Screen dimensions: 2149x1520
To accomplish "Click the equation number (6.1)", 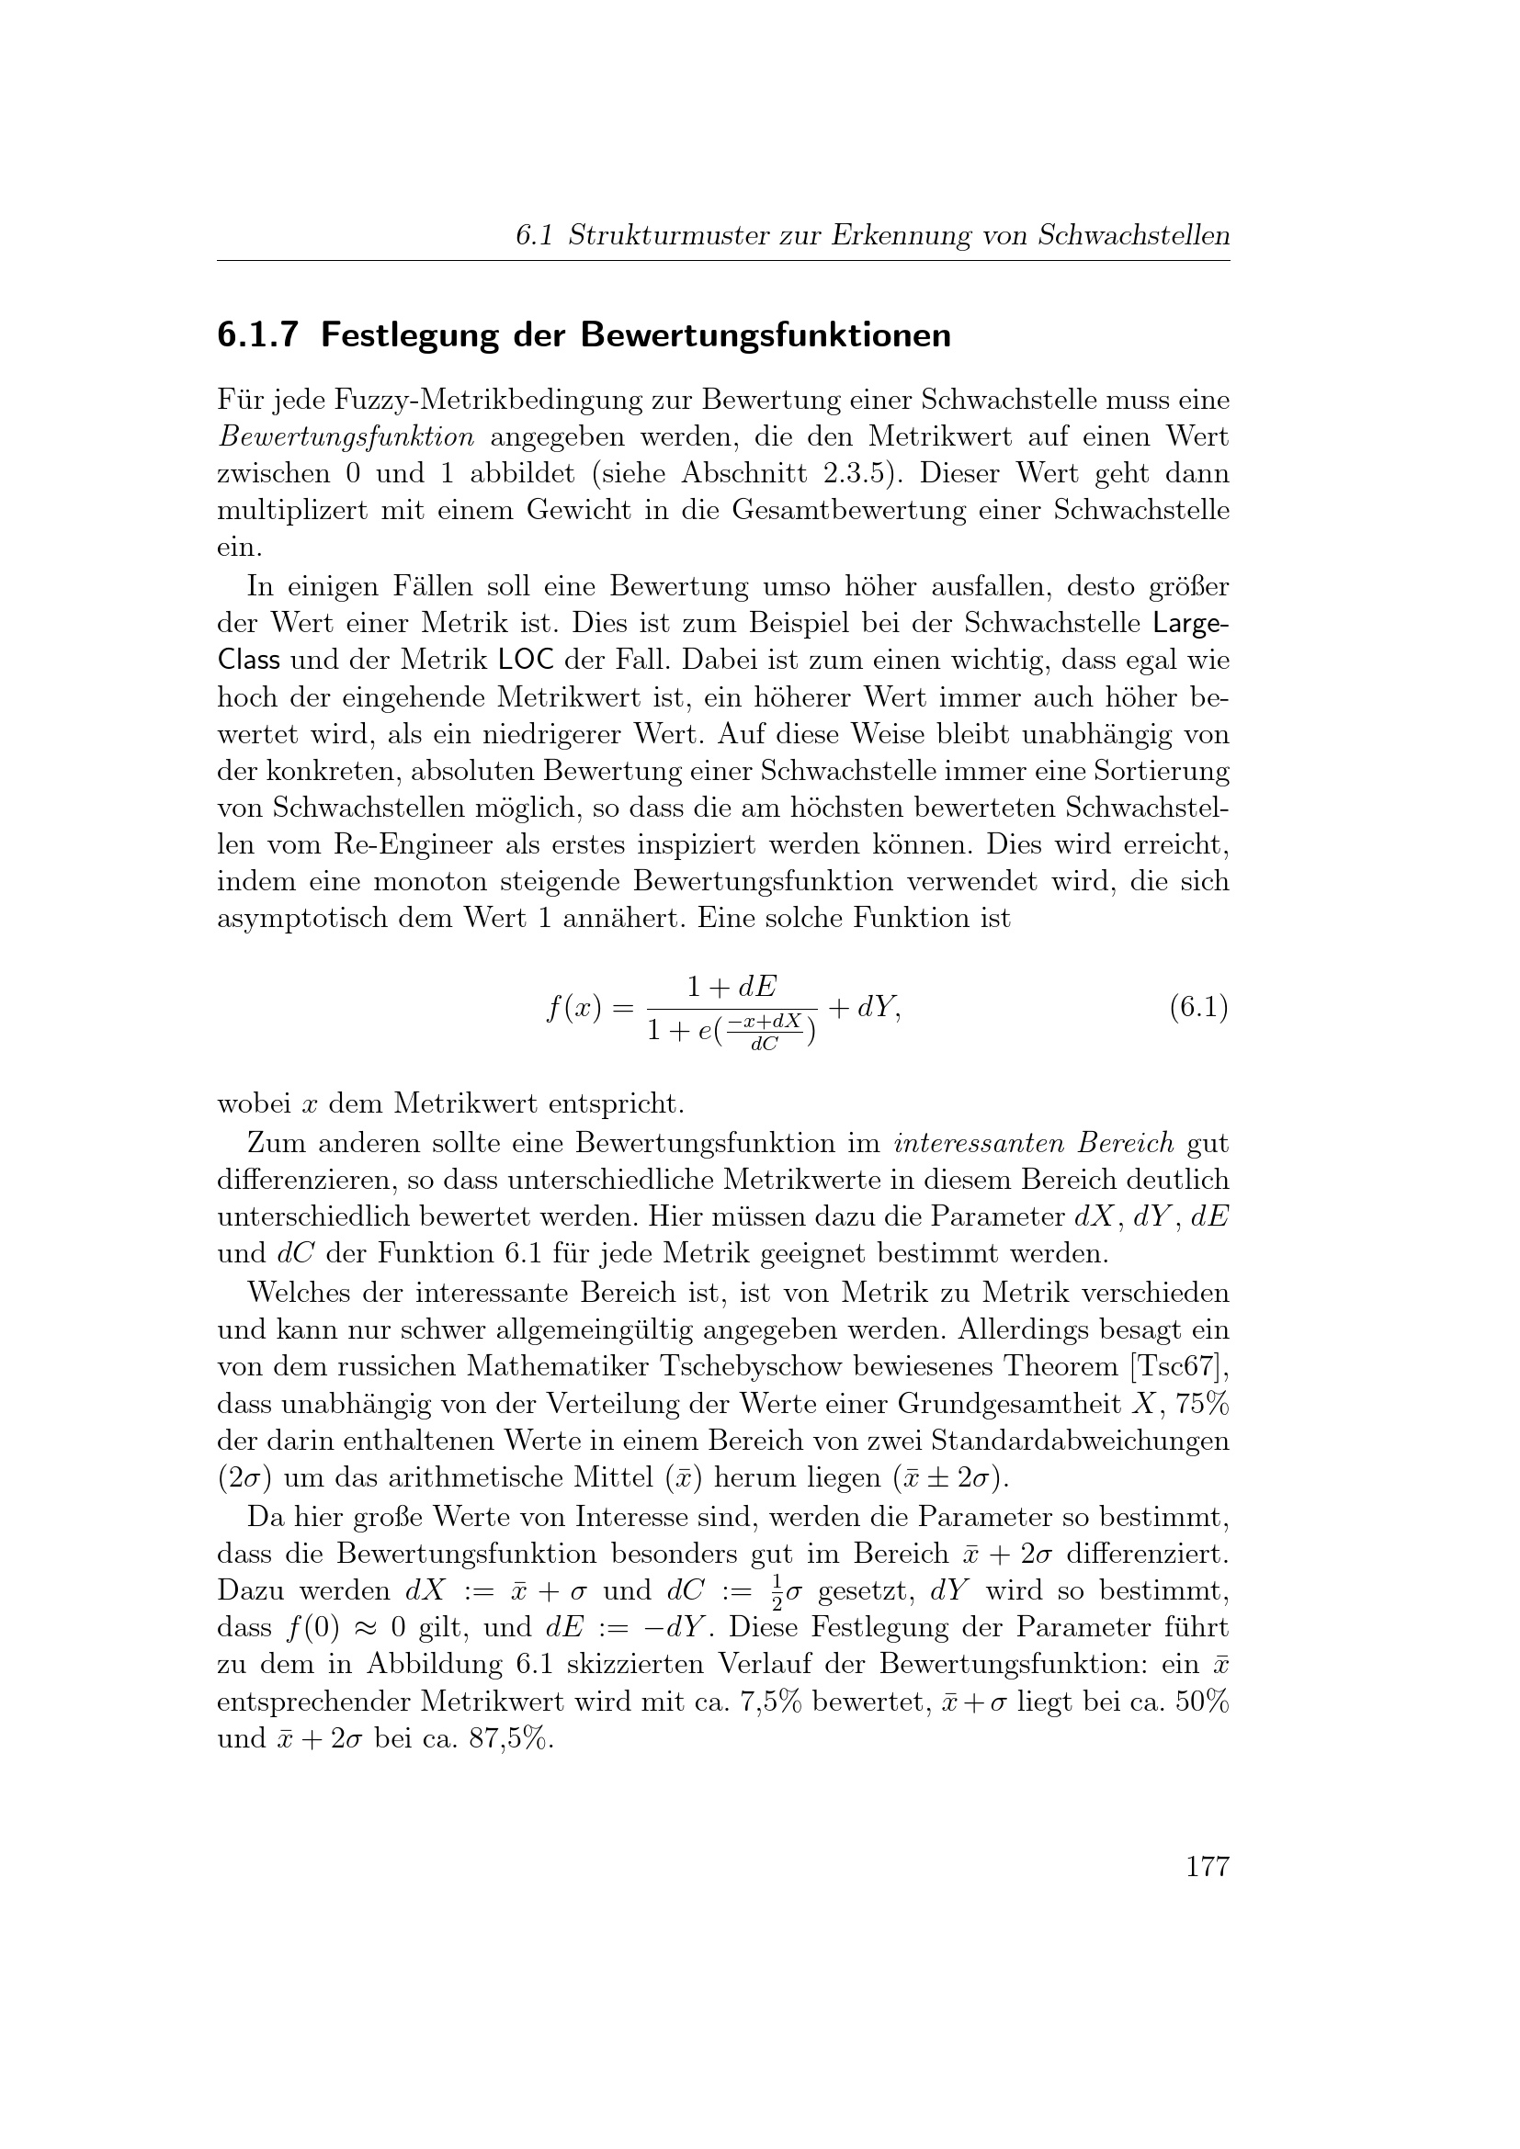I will pyautogui.click(x=1198, y=1008).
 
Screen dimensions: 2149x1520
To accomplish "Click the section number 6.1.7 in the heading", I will pyautogui.click(x=257, y=335).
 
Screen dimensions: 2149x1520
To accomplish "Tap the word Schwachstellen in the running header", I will pyautogui.click(x=1133, y=236).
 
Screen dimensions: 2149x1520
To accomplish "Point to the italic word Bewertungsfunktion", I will pyautogui.click(x=346, y=437).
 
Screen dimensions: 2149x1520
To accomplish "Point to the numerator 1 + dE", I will pyautogui.click(x=732, y=987).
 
